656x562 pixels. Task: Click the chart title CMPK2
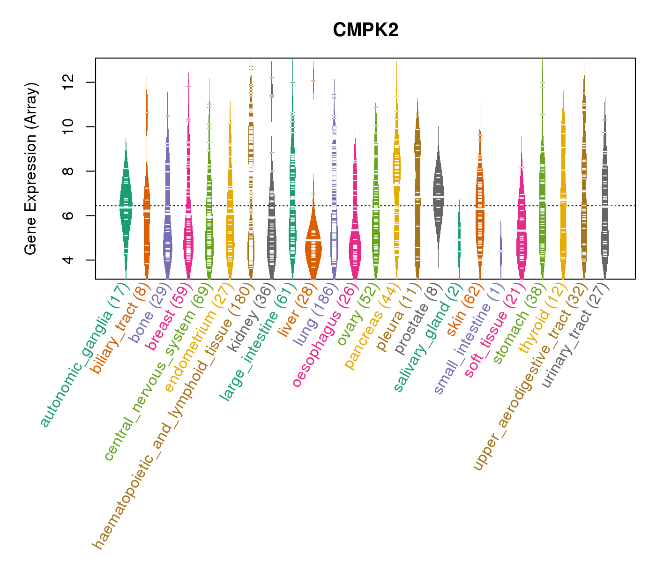tap(365, 30)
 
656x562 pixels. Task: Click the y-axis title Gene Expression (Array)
tap(31, 169)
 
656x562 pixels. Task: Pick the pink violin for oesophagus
tap(355, 244)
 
